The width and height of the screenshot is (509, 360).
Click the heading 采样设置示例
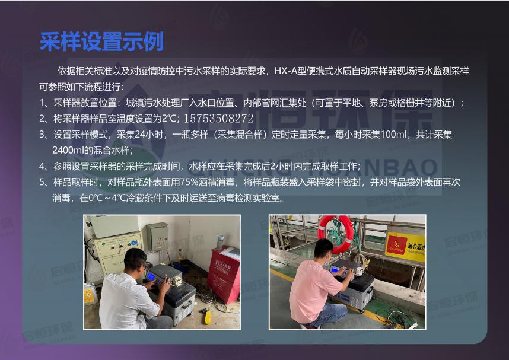pyautogui.click(x=101, y=42)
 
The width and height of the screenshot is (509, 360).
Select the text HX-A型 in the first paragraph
pyautogui.click(x=290, y=71)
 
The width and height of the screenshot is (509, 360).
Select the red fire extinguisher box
pyautogui.click(x=224, y=273)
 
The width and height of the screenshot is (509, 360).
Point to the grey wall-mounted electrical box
pyautogui.click(x=157, y=236)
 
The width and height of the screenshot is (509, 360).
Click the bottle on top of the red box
pyautogui.click(x=221, y=241)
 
